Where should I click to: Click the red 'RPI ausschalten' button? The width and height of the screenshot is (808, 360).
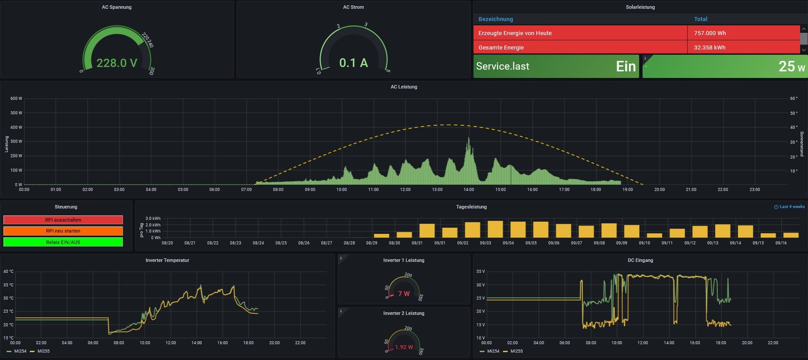(63, 220)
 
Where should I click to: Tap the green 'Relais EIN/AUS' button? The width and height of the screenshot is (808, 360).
(63, 242)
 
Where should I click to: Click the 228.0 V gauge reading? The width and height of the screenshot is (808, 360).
(117, 63)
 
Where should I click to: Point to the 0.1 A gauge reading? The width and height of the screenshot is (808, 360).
(354, 63)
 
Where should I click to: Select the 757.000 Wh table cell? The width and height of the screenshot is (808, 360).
(710, 33)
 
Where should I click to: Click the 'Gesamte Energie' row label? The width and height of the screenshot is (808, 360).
(501, 48)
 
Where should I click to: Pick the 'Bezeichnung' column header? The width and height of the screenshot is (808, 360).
(495, 19)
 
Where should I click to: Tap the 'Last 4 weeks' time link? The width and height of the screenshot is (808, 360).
(792, 207)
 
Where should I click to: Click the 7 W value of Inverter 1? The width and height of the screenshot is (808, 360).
(404, 294)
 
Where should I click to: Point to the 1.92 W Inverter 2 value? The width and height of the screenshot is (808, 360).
(404, 347)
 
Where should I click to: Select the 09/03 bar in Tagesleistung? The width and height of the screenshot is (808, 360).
(495, 229)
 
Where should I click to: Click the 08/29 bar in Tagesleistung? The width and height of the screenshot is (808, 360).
(381, 236)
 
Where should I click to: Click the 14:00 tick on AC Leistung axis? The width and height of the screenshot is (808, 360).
(469, 190)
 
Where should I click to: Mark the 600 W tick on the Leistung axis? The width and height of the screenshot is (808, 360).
(16, 99)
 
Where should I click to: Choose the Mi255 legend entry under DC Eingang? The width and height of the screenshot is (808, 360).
(516, 351)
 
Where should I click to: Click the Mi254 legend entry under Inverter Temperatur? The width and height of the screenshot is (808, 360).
(20, 351)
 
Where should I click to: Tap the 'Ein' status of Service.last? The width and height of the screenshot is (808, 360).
(625, 67)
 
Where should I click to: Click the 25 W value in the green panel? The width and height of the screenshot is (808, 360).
(791, 67)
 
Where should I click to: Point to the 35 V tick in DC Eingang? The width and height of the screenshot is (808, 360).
(480, 272)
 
